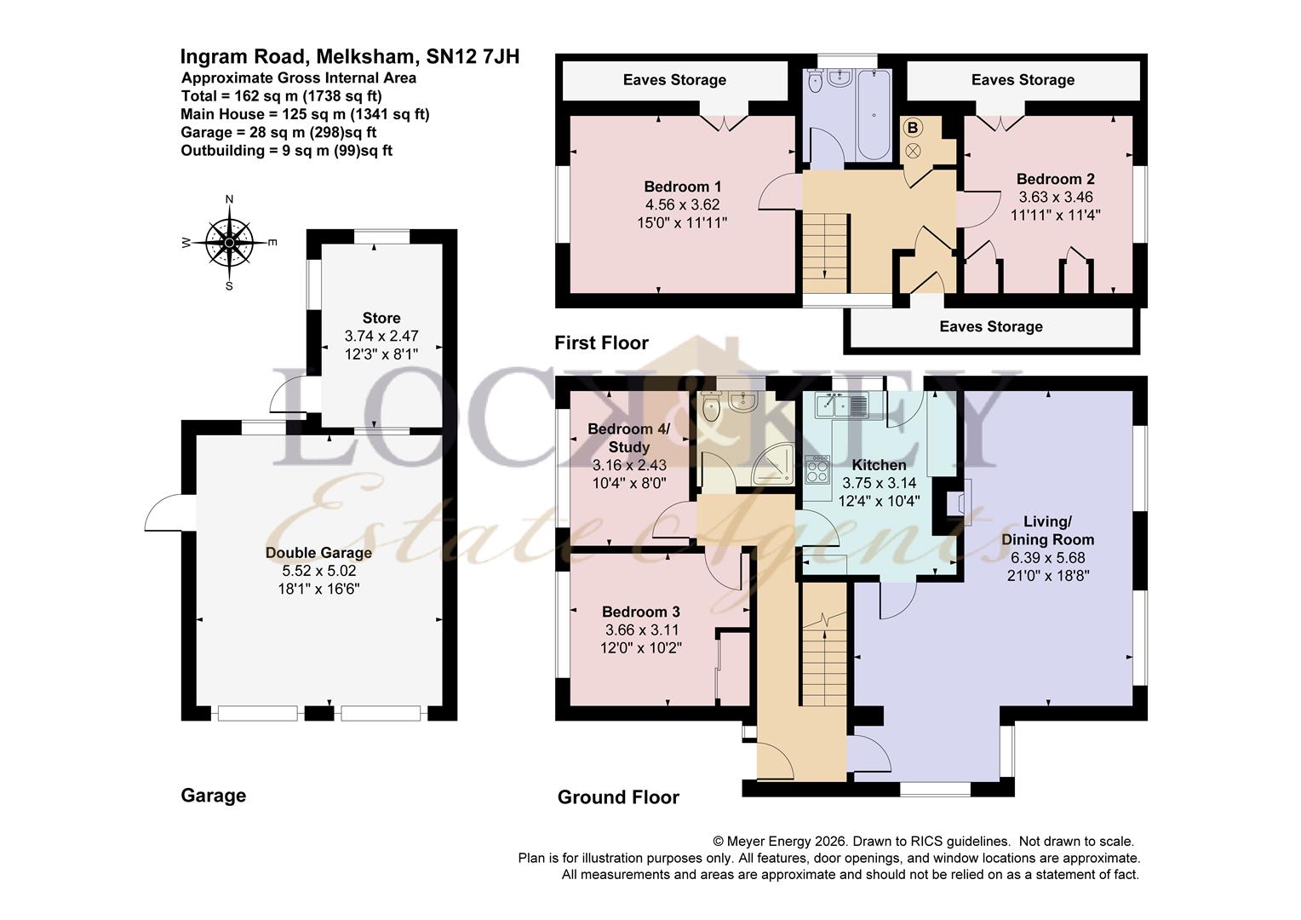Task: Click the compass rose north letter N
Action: tap(229, 199)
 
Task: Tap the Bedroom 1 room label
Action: tap(683, 187)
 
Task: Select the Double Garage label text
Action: tap(318, 553)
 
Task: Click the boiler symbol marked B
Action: tap(913, 128)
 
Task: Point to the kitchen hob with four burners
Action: tap(817, 469)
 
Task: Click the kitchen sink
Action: tap(841, 405)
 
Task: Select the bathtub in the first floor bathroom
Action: tap(874, 114)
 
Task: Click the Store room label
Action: tap(381, 318)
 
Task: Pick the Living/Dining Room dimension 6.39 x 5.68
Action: tap(1048, 558)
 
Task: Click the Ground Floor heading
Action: tap(618, 797)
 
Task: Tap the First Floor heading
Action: tap(601, 343)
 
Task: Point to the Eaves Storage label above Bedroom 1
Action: tap(674, 79)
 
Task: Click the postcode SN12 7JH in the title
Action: tap(473, 56)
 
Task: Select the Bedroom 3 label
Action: tap(640, 612)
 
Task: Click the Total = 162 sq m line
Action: tap(281, 96)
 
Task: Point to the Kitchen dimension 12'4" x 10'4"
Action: tap(879, 500)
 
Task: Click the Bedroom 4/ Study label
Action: tap(628, 438)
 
